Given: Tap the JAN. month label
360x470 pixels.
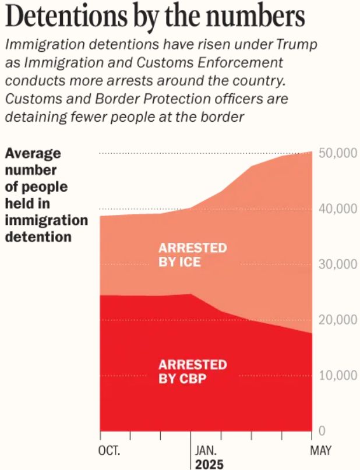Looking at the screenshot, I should tap(204, 451).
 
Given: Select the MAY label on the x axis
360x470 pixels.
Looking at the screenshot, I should tap(321, 451).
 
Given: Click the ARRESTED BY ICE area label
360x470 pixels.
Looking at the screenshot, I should tap(192, 255).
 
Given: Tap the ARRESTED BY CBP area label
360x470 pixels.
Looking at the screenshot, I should tap(192, 372).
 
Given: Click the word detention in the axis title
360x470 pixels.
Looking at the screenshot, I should tap(38, 237).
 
